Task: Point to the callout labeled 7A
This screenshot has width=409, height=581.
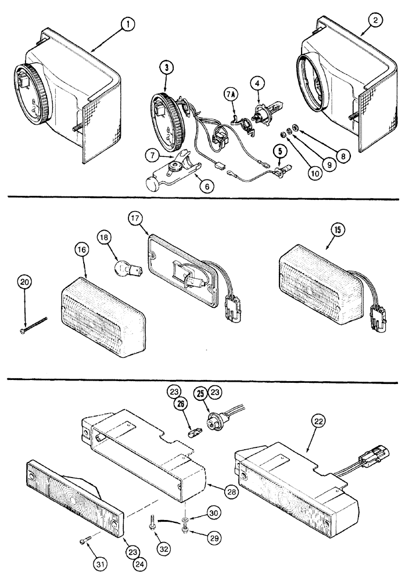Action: point(231,94)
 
